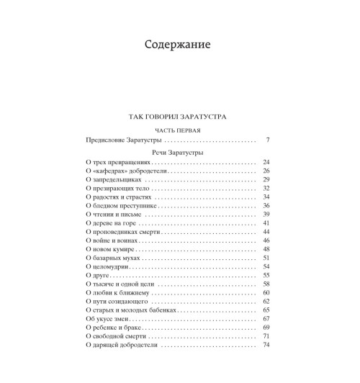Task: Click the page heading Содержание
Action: point(180,45)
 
